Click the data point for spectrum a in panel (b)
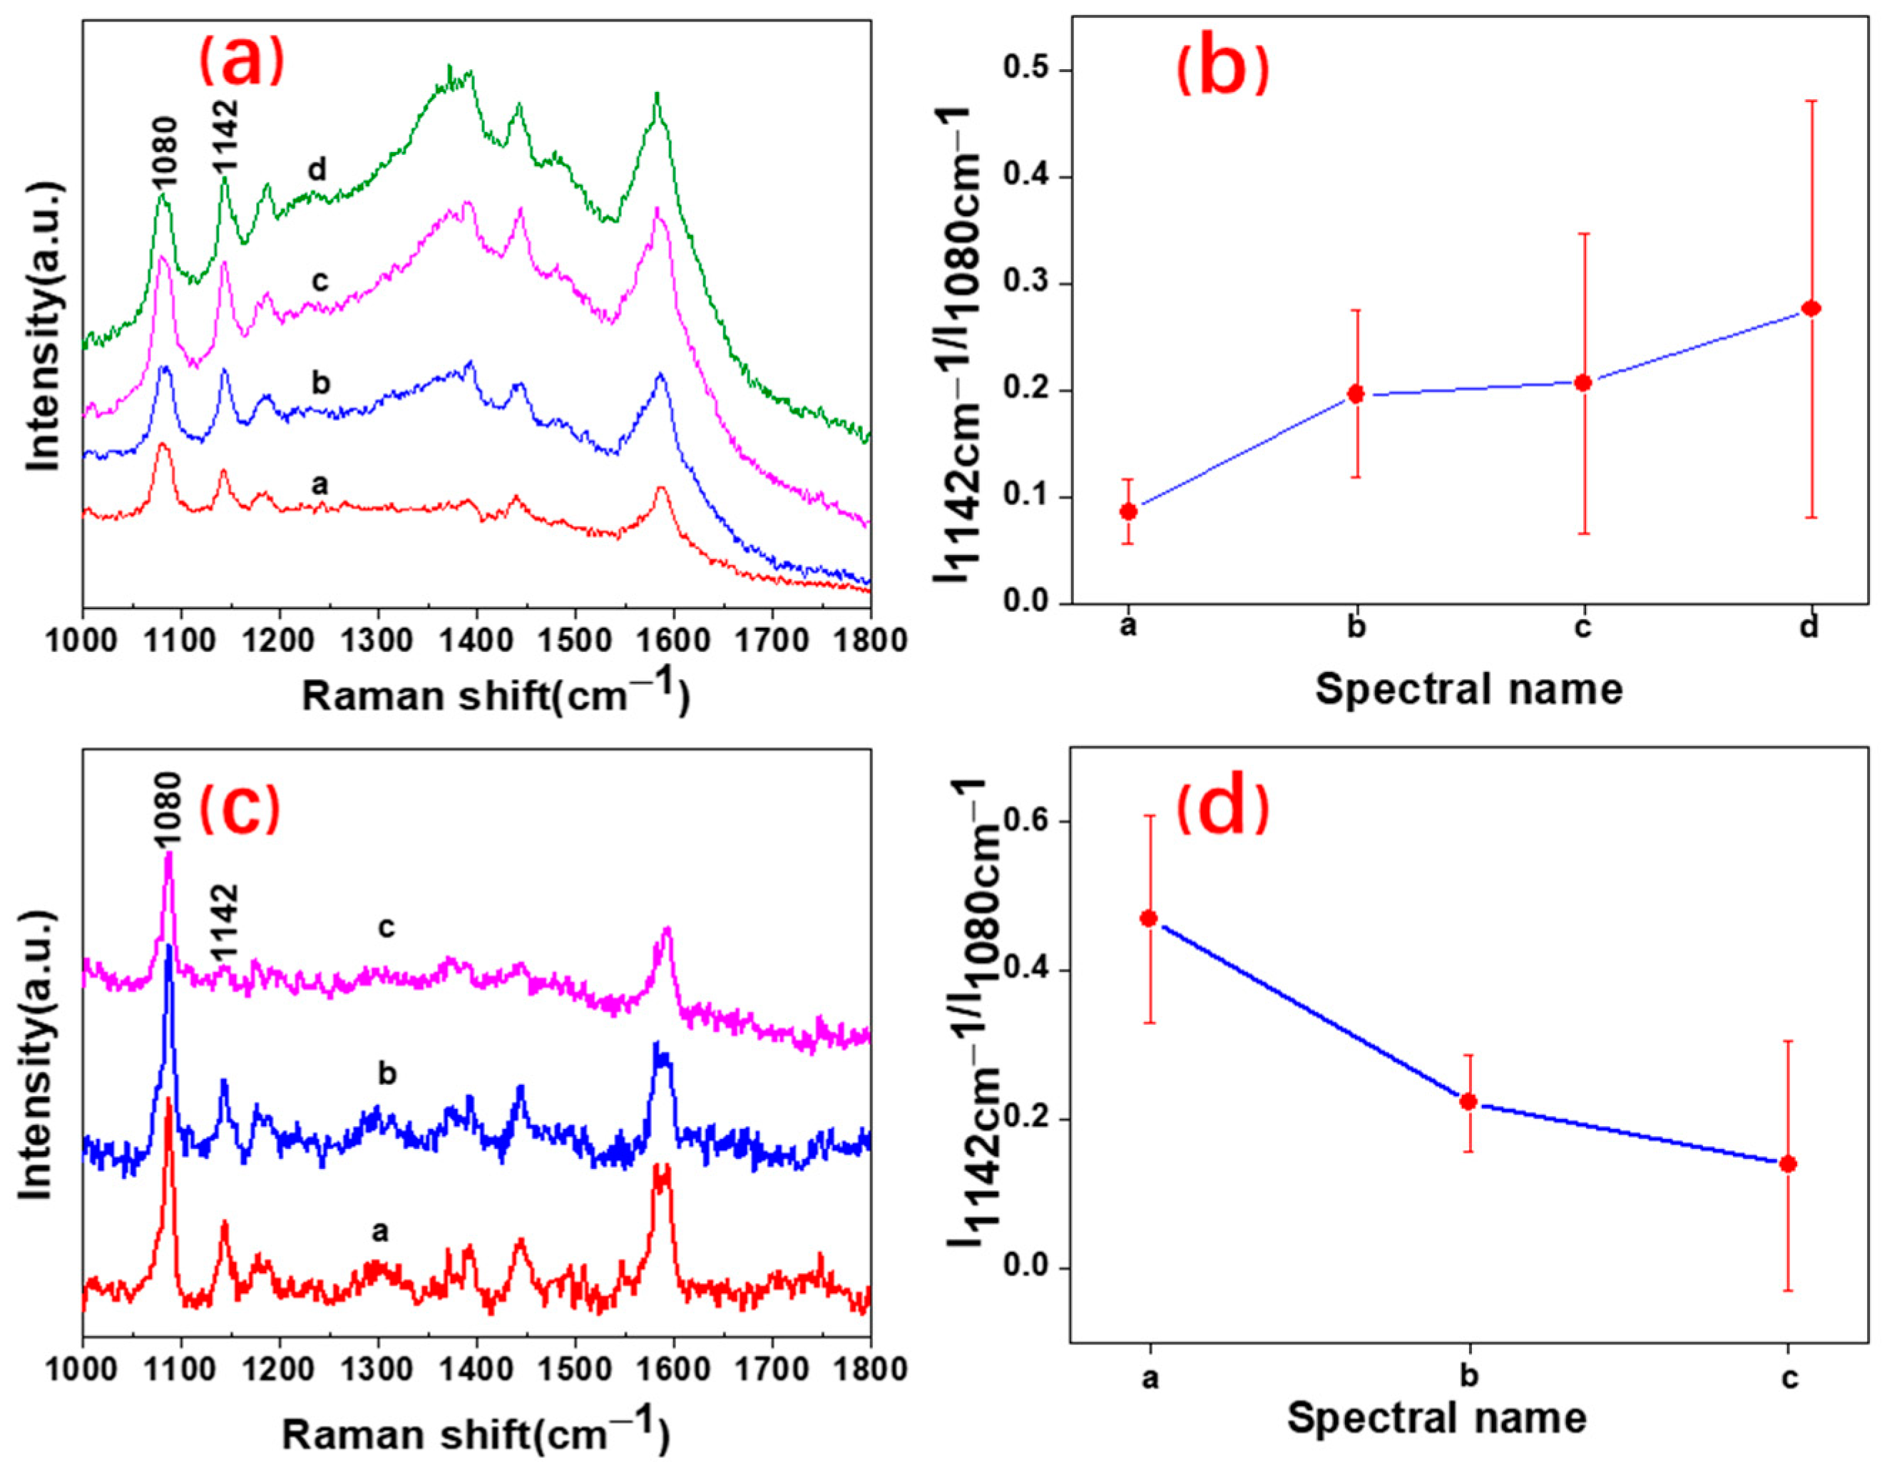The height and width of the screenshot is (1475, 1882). point(1128,511)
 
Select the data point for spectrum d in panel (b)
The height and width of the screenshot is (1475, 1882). point(1811,308)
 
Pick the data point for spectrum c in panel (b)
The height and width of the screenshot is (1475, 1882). point(1583,382)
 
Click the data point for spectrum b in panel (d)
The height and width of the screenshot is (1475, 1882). point(1468,1102)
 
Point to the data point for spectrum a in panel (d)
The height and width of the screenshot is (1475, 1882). point(1148,918)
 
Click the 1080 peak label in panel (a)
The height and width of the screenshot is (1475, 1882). point(163,152)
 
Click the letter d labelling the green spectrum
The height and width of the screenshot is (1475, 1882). point(317,170)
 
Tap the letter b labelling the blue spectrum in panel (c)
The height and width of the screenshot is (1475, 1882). point(388,1074)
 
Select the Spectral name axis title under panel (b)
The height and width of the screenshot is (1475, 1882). point(1468,689)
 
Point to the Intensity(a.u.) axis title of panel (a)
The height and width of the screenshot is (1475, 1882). point(45,327)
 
